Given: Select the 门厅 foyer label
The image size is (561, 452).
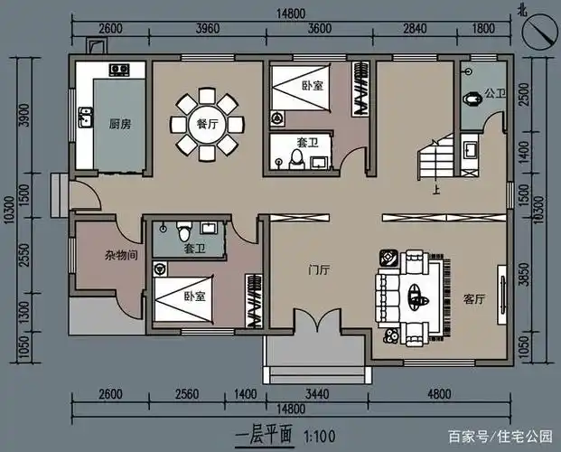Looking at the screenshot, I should [318, 268].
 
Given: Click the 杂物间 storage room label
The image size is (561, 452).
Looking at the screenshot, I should [120, 256].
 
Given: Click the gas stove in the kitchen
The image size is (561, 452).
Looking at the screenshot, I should [119, 69].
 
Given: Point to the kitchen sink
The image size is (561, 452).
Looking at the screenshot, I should [85, 117].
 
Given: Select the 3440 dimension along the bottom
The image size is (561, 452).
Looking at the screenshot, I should [316, 394].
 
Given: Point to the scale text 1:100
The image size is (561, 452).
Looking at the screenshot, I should [321, 435].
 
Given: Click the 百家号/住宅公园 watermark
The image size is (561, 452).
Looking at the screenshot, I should [507, 436].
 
